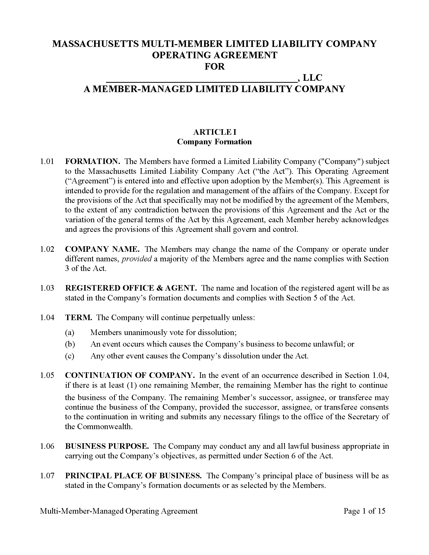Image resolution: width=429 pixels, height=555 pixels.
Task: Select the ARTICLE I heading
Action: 215,132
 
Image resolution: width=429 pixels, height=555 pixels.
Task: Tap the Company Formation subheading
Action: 214,142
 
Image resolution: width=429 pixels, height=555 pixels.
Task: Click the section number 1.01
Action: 47,162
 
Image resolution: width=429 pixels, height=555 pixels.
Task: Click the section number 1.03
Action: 47,288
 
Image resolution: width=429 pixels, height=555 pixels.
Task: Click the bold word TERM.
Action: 78,318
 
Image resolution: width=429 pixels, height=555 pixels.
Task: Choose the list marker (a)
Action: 69,332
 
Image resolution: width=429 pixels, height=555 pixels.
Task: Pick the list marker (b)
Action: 70,344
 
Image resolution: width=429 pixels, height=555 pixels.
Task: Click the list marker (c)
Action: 69,356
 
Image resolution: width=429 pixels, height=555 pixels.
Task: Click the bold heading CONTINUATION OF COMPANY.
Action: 130,375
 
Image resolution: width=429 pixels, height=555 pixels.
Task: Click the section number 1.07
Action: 47,476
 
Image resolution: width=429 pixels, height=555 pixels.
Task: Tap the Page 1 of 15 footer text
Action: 364,511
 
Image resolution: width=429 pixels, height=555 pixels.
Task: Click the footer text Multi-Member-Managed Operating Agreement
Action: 119,511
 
